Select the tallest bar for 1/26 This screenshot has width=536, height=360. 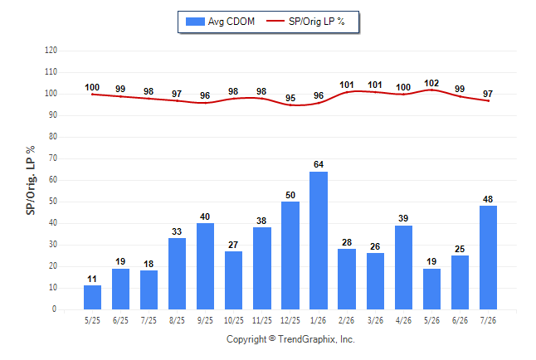(x=319, y=241)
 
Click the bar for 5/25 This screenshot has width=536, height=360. (x=92, y=298)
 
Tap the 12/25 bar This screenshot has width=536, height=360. (x=290, y=255)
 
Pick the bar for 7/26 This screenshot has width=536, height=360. (x=488, y=257)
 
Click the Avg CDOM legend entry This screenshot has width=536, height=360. (x=220, y=22)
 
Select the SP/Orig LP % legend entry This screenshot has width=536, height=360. (x=305, y=22)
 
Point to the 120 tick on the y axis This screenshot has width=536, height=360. (x=51, y=51)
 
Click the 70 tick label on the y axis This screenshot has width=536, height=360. (x=53, y=158)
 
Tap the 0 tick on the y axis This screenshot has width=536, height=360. (x=55, y=309)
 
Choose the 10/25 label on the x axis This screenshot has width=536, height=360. (x=234, y=320)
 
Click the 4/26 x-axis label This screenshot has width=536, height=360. (x=403, y=320)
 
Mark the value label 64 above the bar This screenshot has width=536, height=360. (x=319, y=164)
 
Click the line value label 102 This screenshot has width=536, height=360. (x=431, y=83)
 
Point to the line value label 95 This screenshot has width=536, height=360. (x=290, y=98)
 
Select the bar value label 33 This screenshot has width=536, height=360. (x=177, y=231)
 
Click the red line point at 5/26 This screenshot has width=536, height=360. (x=431, y=90)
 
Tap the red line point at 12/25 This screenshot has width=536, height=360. (x=290, y=105)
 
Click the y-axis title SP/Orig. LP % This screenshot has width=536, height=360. (x=31, y=181)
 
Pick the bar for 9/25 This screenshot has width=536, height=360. (x=206, y=266)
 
